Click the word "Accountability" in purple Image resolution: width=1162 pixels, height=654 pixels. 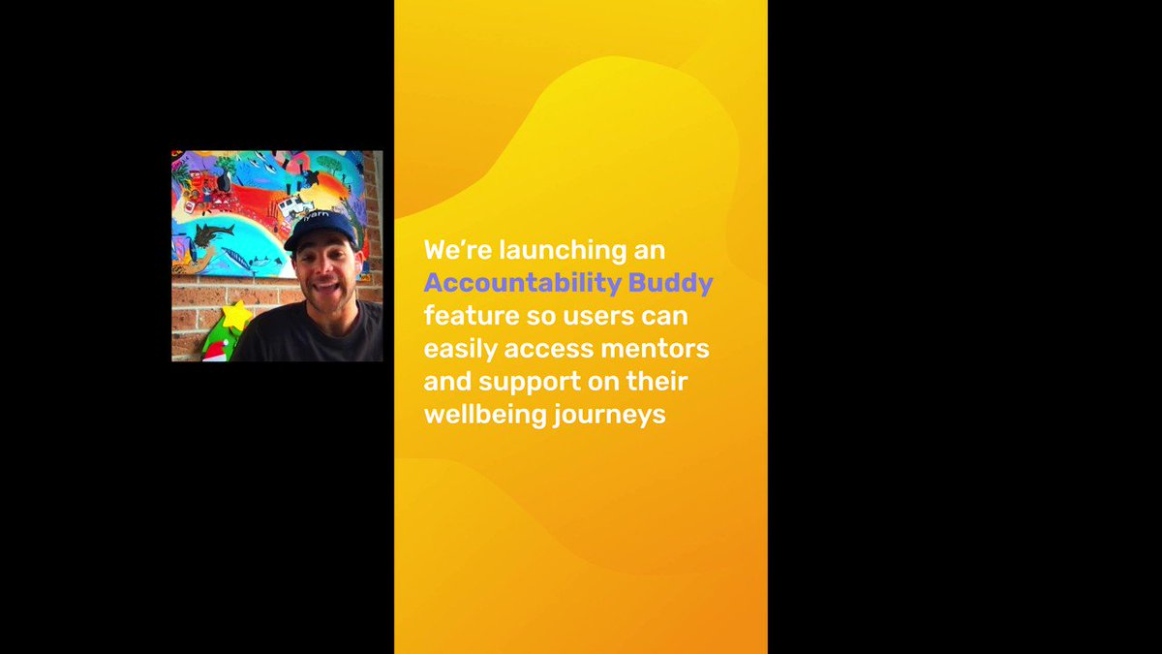point(522,283)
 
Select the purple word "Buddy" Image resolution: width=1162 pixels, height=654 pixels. point(670,283)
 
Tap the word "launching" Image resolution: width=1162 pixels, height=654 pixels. point(563,251)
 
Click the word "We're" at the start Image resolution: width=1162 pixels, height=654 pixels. point(458,250)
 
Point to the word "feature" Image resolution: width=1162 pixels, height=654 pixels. point(472,316)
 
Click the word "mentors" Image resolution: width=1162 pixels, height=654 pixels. point(655,349)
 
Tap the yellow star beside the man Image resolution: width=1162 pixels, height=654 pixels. point(236,315)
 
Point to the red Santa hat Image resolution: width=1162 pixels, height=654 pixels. point(214,352)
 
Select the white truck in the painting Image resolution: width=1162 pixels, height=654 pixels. point(296,205)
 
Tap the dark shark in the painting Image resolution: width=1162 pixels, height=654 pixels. point(214,234)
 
